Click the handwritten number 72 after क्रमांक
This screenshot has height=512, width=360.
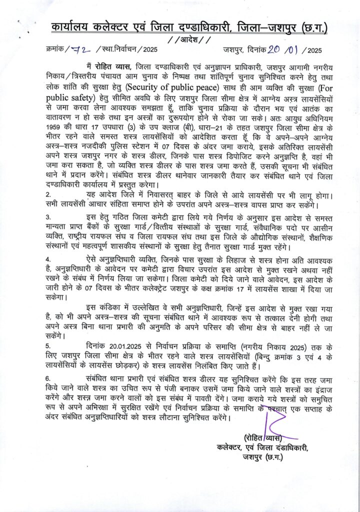click(78, 49)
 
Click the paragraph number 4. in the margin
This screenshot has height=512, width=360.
click(48, 261)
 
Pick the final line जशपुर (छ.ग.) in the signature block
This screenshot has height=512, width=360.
click(263, 457)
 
